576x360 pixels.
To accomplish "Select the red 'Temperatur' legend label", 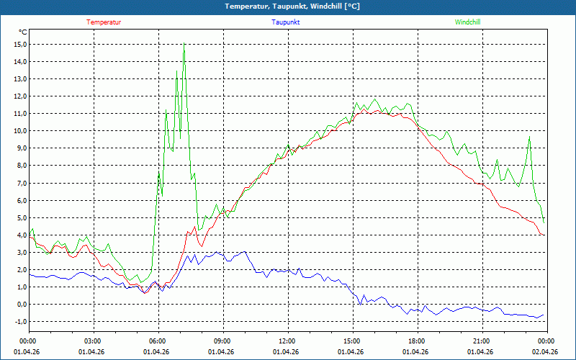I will click(x=104, y=22).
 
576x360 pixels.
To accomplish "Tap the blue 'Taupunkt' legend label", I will click(x=286, y=22).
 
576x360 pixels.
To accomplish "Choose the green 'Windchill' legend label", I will click(x=467, y=22).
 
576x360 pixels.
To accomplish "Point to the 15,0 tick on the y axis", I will click(x=19, y=44).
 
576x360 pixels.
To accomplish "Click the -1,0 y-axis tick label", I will click(x=19, y=321).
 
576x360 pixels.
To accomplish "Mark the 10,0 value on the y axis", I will click(x=19, y=130).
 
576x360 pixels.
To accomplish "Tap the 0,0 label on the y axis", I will click(x=20, y=304).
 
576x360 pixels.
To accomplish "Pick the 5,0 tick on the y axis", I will click(x=20, y=217).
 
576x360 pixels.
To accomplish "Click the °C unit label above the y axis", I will click(x=23, y=32).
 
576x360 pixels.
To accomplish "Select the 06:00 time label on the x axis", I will click(x=157, y=341).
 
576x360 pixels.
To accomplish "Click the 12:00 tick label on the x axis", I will click(x=287, y=341).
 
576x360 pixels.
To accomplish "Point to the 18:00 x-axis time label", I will click(x=416, y=341).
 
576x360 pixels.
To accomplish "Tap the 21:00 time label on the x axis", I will click(x=481, y=341).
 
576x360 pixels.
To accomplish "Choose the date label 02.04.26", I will click(x=545, y=352).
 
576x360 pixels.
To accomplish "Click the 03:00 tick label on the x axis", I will click(x=93, y=341).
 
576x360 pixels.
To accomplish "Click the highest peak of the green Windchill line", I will click(x=184, y=46).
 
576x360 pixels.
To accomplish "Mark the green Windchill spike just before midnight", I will click(x=529, y=138).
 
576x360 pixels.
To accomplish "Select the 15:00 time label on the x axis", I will click(x=351, y=341).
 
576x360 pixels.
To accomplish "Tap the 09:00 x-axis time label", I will click(x=222, y=341).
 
